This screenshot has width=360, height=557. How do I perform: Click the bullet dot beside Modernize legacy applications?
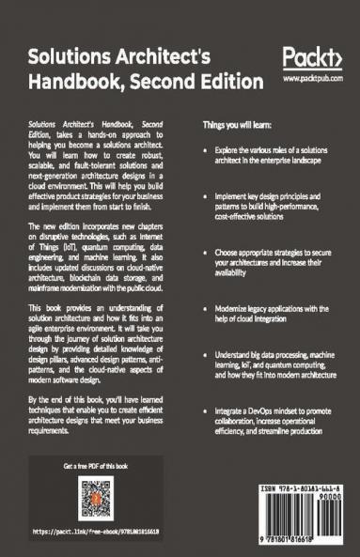pyautogui.click(x=206, y=308)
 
